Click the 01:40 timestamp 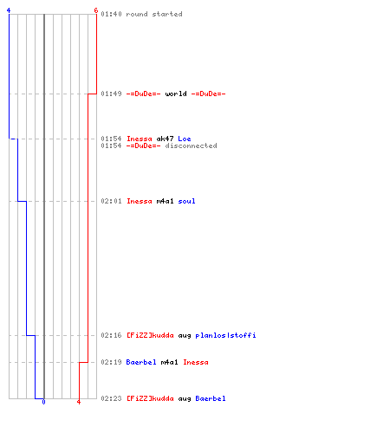(111, 14)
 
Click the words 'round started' (154, 14)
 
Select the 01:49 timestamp (111, 94)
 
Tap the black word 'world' (176, 94)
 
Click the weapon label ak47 (165, 139)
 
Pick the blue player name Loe (185, 139)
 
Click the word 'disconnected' (191, 145)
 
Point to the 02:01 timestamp (111, 201)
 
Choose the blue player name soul (186, 201)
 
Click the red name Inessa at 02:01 (140, 201)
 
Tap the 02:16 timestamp (111, 335)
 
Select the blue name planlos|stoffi (225, 335)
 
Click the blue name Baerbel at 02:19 (141, 362)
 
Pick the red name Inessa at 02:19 (196, 362)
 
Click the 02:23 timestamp (111, 398)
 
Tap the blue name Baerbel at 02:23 (211, 398)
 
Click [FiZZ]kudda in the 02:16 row (150, 335)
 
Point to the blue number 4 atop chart (9, 10)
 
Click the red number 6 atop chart (96, 10)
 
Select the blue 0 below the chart (43, 402)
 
